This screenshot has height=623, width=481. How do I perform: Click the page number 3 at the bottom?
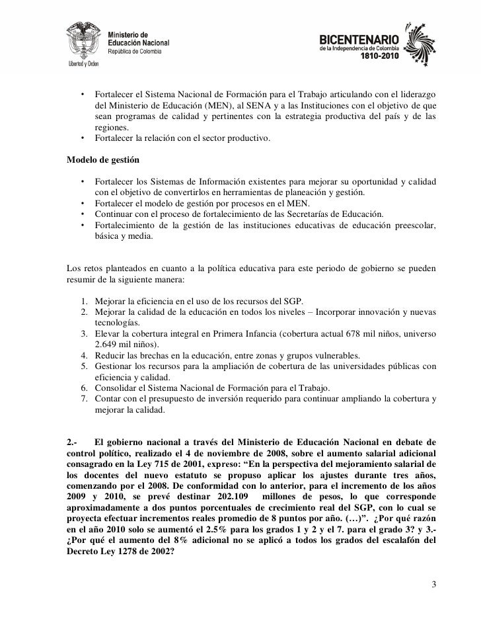coord(433,585)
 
